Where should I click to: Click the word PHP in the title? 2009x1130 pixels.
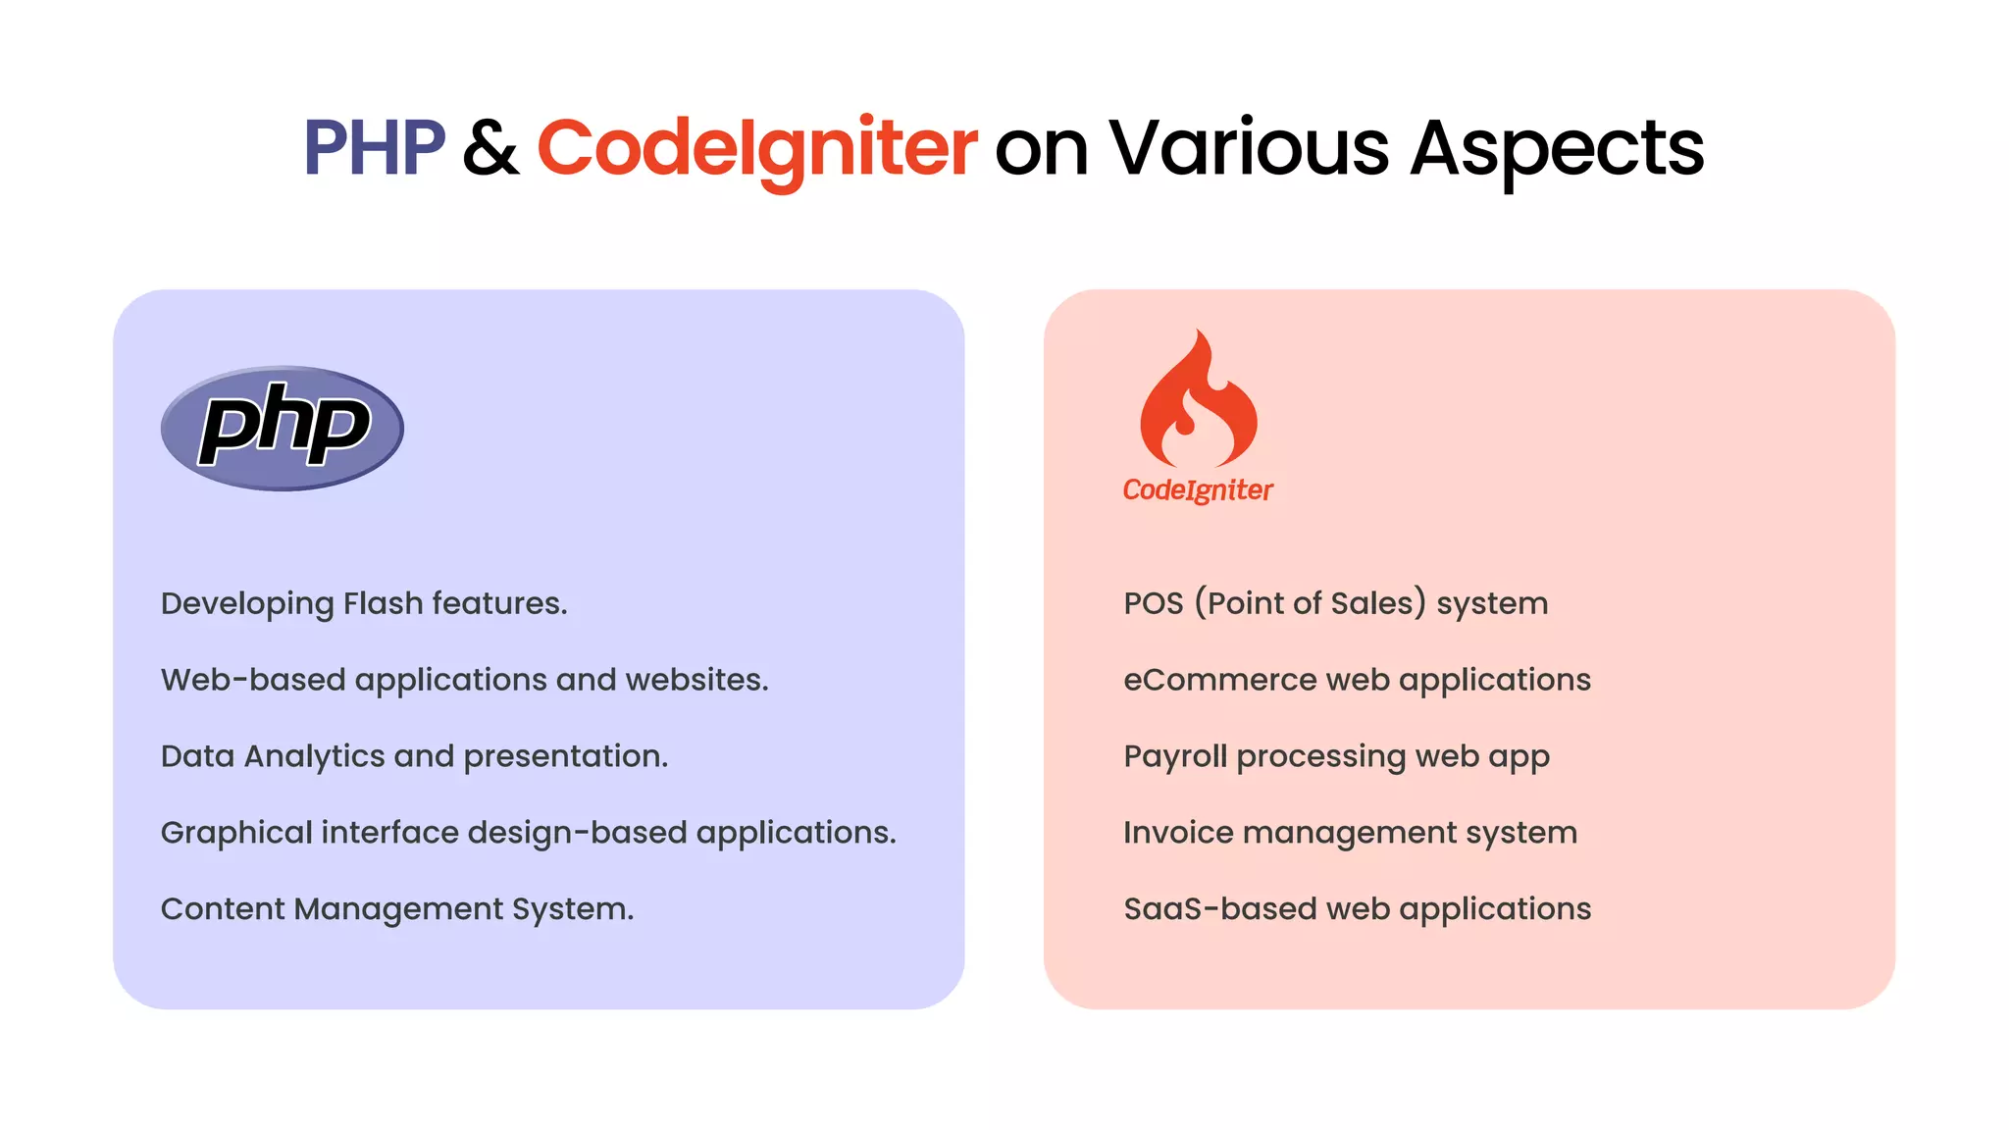tap(374, 148)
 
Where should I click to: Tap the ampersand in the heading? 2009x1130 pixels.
tap(490, 149)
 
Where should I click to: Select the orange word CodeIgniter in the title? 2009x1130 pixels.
tap(756, 148)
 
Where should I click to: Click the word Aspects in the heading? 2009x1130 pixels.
tap(1557, 149)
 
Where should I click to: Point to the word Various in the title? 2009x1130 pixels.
tap(1248, 148)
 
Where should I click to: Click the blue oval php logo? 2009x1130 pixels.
tap(283, 429)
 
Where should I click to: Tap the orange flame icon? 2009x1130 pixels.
tap(1198, 402)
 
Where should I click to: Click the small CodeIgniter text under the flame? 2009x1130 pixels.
tap(1198, 489)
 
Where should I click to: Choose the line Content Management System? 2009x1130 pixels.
tap(397, 909)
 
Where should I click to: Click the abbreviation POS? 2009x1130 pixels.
tap(1154, 603)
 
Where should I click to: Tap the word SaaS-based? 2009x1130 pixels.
tap(1219, 909)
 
